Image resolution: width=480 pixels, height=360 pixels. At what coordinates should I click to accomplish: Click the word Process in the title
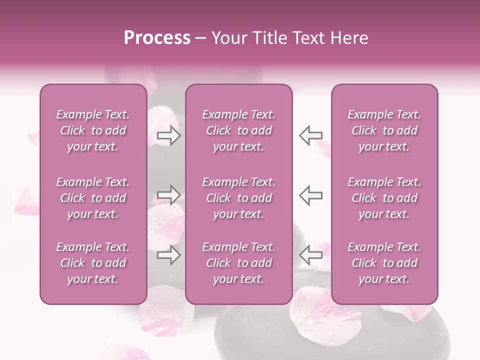pyautogui.click(x=157, y=37)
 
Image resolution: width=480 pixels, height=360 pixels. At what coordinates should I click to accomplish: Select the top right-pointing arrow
pyautogui.click(x=169, y=135)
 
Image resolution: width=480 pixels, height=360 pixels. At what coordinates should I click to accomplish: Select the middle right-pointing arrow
pyautogui.click(x=169, y=195)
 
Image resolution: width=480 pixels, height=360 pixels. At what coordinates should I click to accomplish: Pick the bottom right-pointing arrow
pyautogui.click(x=169, y=255)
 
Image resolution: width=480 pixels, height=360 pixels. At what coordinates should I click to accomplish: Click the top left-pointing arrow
pyautogui.click(x=310, y=135)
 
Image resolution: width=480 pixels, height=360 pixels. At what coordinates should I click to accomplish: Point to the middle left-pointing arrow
pyautogui.click(x=310, y=195)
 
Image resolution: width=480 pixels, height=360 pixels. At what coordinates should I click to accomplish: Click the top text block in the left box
pyautogui.click(x=93, y=130)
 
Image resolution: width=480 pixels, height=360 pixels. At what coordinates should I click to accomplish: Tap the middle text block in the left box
pyautogui.click(x=93, y=198)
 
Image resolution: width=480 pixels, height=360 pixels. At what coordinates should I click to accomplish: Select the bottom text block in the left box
pyautogui.click(x=93, y=263)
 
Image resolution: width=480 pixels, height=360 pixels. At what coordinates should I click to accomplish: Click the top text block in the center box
pyautogui.click(x=238, y=130)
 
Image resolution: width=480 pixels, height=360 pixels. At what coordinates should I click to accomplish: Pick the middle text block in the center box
pyautogui.click(x=238, y=198)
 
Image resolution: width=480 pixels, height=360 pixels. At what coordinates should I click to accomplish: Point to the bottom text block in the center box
pyautogui.click(x=238, y=263)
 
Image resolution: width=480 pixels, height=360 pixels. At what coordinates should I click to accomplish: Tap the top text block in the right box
pyautogui.click(x=384, y=130)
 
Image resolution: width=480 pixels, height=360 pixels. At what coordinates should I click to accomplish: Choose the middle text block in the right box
pyautogui.click(x=384, y=198)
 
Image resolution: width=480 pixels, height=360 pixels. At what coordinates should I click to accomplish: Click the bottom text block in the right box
pyautogui.click(x=384, y=263)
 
